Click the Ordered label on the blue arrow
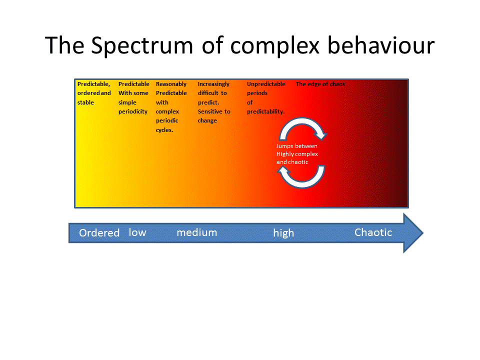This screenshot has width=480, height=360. (x=99, y=233)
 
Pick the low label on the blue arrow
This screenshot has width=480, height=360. (x=137, y=232)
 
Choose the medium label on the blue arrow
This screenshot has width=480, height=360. (x=196, y=232)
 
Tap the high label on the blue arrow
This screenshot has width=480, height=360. (x=283, y=233)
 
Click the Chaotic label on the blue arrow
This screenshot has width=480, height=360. (x=373, y=232)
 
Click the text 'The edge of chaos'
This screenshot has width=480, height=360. (x=320, y=84)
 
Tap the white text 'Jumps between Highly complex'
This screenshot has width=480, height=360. (x=297, y=150)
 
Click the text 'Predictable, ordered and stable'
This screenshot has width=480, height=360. (x=94, y=93)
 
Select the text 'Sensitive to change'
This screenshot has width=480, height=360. (x=213, y=116)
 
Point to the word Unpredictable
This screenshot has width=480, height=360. (x=266, y=84)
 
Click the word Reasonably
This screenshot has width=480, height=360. (x=171, y=84)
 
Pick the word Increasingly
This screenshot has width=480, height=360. (x=213, y=84)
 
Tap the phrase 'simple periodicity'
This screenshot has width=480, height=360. (x=132, y=107)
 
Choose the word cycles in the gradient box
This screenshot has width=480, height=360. (x=164, y=130)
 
